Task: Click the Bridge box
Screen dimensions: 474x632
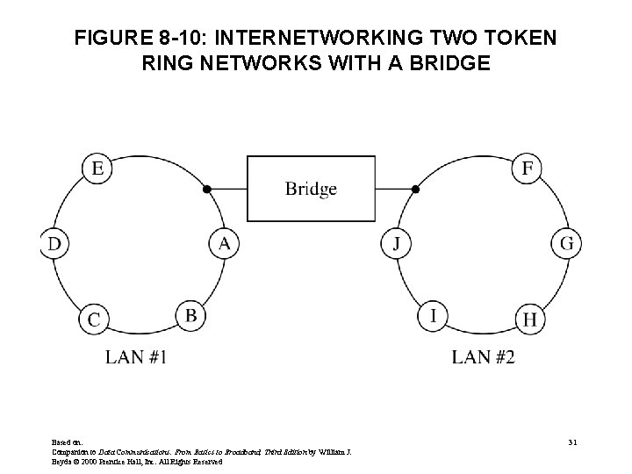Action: coord(311,188)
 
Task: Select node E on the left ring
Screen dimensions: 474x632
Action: coord(97,168)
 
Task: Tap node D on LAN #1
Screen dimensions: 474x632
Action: coord(54,243)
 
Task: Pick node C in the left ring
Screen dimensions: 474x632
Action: coord(94,320)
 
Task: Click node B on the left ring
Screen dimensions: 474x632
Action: coord(190,313)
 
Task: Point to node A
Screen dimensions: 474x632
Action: coord(223,243)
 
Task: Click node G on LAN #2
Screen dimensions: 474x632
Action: coord(566,243)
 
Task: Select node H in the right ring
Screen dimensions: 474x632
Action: coord(528,320)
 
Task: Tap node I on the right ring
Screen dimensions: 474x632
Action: coord(431,313)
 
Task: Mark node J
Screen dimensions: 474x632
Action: coord(397,243)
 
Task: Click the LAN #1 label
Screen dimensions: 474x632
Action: coord(136,356)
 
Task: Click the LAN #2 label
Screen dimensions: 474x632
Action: coord(483,356)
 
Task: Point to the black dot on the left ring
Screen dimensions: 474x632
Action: coord(207,189)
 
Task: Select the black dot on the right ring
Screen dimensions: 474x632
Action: coord(416,189)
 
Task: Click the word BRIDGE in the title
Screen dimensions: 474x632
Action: coord(442,65)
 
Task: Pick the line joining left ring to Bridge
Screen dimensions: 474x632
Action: coord(227,189)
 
